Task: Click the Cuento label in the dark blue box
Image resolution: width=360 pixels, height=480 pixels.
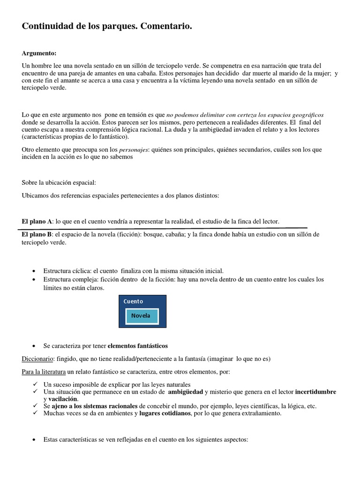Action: tap(134, 301)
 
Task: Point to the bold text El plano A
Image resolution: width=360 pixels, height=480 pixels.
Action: tap(37, 221)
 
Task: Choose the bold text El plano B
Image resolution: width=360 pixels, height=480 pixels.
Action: tap(37, 234)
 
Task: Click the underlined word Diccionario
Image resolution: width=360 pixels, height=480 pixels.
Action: tap(37, 359)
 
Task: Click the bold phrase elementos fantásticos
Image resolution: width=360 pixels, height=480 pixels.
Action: tap(138, 345)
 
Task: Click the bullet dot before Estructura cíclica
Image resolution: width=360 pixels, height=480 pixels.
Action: tap(36, 271)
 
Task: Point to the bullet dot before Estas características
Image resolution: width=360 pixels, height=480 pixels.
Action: tap(36, 440)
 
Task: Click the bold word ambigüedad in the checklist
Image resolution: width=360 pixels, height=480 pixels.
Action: tap(185, 391)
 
